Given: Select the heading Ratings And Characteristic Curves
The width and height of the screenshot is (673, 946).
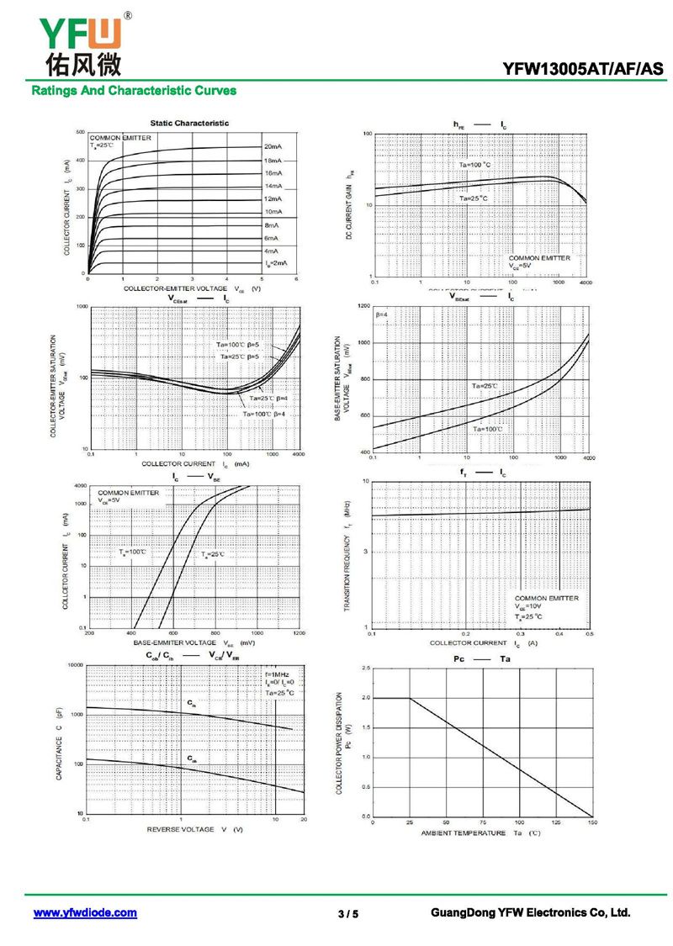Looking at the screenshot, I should coord(134,90).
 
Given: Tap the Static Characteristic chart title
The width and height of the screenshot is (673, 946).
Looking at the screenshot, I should coord(189,123).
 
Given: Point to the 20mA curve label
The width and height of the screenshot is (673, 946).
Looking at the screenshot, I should coord(273,147).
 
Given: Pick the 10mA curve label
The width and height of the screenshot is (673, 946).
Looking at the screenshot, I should coord(273,212).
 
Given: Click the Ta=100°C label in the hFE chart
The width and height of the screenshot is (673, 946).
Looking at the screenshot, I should coord(474,165).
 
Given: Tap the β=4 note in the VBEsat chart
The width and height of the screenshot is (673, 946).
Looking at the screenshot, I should coord(381,314).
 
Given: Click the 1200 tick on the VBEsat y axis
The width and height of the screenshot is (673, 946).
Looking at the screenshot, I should coord(363,306).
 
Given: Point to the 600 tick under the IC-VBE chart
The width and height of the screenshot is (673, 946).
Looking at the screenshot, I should coord(173,635).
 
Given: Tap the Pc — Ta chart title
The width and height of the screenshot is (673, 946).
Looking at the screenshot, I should coord(481,658).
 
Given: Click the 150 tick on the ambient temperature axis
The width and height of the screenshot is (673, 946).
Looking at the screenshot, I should coord(591,823).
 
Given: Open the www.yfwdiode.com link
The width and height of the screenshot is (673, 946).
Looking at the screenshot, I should coord(85,912).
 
